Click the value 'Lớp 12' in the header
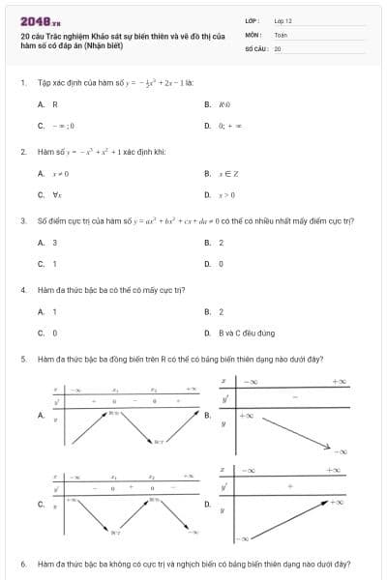tap(283, 20)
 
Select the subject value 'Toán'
tap(281, 34)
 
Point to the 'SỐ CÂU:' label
tap(256, 47)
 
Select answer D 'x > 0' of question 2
tap(227, 194)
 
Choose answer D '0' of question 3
tap(221, 263)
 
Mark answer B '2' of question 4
tap(221, 312)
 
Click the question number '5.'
tap(22, 359)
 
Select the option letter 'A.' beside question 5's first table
tap(41, 416)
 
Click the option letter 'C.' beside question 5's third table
tap(41, 505)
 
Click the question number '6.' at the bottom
tap(22, 563)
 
